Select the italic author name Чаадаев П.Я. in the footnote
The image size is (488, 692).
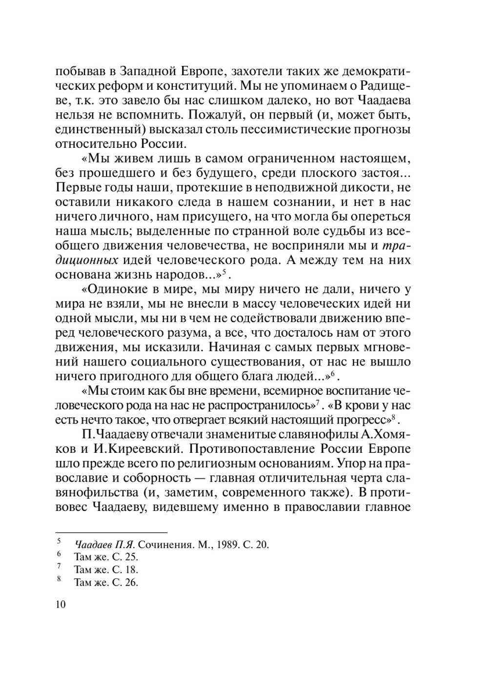point(104,545)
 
